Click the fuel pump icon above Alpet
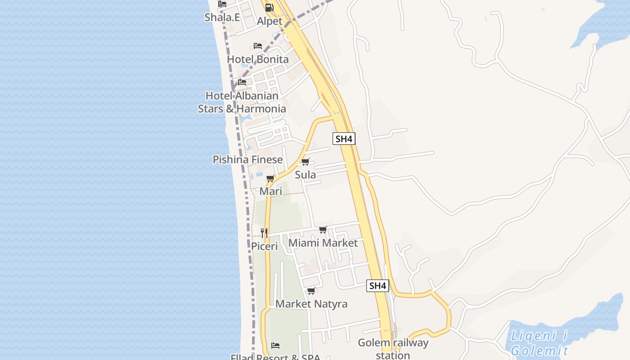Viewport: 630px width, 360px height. pyautogui.click(x=269, y=7)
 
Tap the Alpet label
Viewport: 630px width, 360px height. pyautogui.click(x=270, y=21)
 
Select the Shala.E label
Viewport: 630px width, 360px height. pyautogui.click(x=222, y=17)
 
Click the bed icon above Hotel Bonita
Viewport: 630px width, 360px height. pyautogui.click(x=258, y=46)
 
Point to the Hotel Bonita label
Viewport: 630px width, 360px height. pyautogui.click(x=258, y=59)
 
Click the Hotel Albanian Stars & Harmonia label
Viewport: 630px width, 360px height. pyautogui.click(x=242, y=102)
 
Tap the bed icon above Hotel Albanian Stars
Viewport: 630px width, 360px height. pyautogui.click(x=242, y=82)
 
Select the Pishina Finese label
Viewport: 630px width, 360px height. pyautogui.click(x=247, y=159)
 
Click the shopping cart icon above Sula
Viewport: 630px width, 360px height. pyautogui.click(x=306, y=162)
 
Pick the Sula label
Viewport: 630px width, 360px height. pyautogui.click(x=305, y=175)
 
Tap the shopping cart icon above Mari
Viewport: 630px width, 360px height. pyautogui.click(x=270, y=179)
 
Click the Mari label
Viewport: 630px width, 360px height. pyautogui.click(x=271, y=191)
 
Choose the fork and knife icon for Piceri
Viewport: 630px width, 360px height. pyautogui.click(x=264, y=233)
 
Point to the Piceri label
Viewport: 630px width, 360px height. pyautogui.click(x=264, y=247)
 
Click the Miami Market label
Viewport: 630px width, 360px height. pyautogui.click(x=323, y=243)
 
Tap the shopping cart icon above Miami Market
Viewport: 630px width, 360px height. pyautogui.click(x=323, y=230)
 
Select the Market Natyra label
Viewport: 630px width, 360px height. pyautogui.click(x=311, y=304)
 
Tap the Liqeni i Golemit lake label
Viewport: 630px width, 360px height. pyautogui.click(x=539, y=343)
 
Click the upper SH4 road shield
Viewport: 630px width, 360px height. pyautogui.click(x=344, y=139)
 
